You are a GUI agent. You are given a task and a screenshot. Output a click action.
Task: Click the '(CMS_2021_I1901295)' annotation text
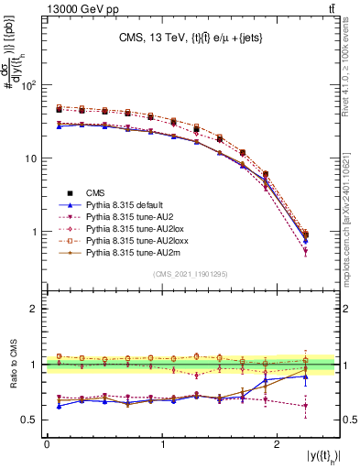coord(190,274)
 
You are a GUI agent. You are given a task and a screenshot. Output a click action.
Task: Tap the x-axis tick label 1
coord(163,443)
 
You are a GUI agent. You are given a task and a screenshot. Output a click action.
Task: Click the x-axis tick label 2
coord(279,443)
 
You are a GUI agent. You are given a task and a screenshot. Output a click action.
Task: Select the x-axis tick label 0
coord(47,443)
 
